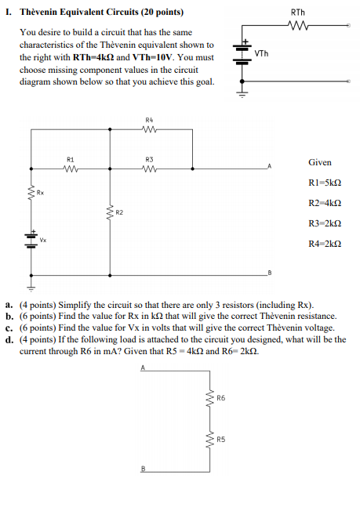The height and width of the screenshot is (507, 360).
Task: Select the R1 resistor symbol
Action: [x=71, y=168]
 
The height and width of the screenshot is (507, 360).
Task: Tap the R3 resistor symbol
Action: [x=149, y=168]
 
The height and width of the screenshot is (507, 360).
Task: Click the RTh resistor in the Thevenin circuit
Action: [x=298, y=25]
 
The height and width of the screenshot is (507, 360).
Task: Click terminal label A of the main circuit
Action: [x=269, y=165]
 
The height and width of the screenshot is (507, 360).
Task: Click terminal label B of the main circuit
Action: [x=269, y=271]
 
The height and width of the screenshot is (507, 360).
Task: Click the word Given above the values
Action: [x=319, y=162]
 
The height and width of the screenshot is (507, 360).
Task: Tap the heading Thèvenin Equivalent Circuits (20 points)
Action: [x=102, y=13]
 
